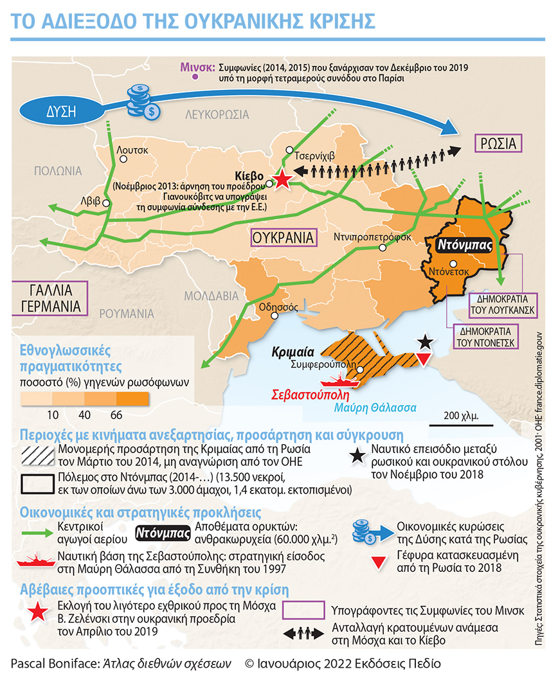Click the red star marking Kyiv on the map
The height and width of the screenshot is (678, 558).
(282, 180)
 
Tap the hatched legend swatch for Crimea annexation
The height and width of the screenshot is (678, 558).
(37, 454)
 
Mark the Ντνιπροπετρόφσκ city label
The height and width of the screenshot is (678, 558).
(372, 236)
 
